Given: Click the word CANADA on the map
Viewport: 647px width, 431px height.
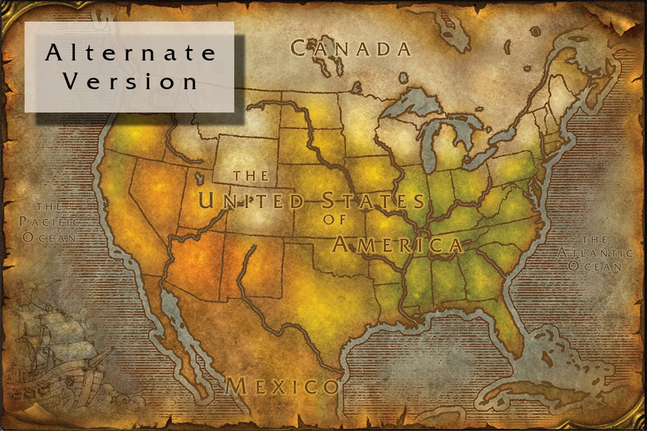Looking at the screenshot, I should pyautogui.click(x=351, y=48).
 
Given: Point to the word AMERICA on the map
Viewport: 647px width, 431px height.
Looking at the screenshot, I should pyautogui.click(x=398, y=244).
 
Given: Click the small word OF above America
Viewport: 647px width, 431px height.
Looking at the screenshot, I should pyautogui.click(x=335, y=220).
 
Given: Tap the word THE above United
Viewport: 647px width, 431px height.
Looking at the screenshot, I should pyautogui.click(x=251, y=176).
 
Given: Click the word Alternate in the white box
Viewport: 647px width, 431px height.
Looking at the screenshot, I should pyautogui.click(x=131, y=53).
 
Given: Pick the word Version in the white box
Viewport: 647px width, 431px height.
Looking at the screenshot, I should pyautogui.click(x=131, y=82).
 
